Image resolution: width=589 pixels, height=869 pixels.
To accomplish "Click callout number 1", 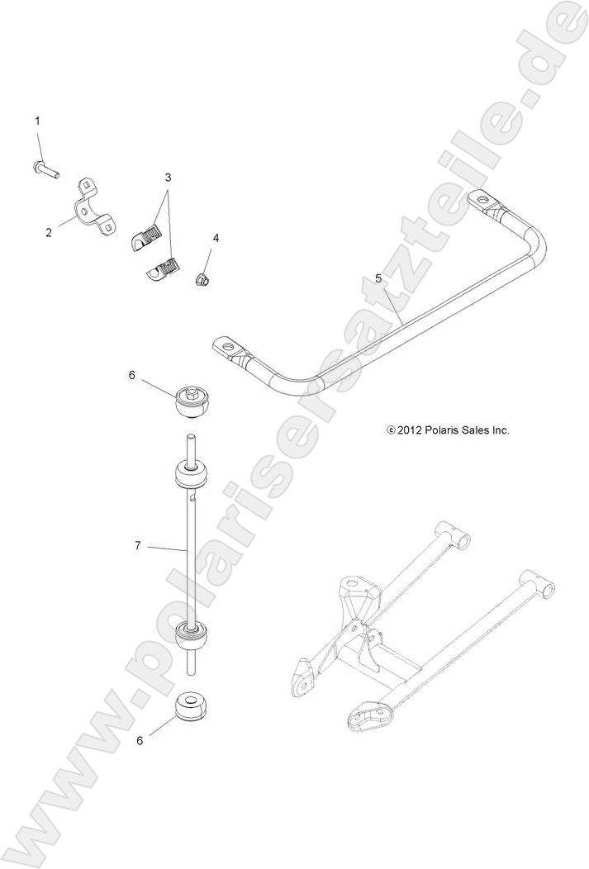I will tap(37, 121).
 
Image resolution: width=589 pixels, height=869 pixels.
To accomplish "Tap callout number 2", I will tap(49, 233).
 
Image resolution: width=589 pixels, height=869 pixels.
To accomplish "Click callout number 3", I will tap(168, 178).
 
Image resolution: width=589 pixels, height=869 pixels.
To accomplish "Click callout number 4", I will tap(216, 238).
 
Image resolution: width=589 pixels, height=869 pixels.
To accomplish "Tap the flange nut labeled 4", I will tap(202, 281).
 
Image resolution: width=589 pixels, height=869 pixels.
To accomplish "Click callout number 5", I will tap(378, 278).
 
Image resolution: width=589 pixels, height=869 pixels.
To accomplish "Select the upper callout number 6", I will tap(131, 375).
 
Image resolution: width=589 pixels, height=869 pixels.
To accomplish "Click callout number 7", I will tap(139, 545).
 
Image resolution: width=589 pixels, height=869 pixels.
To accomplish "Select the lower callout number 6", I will tap(140, 740).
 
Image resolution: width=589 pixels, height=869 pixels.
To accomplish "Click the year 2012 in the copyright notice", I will tap(411, 430).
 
